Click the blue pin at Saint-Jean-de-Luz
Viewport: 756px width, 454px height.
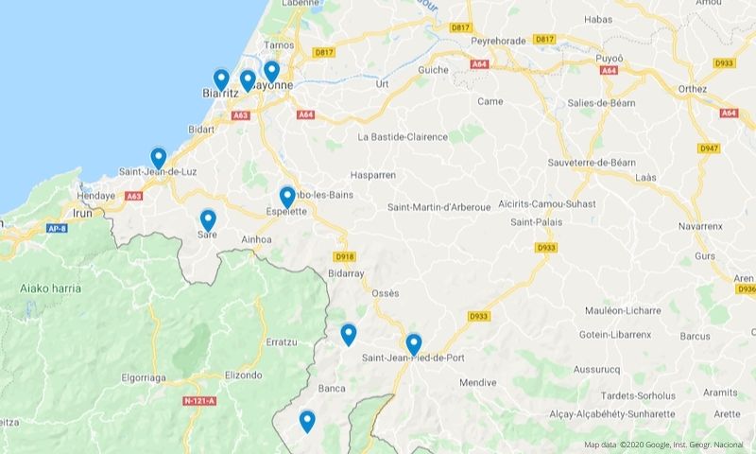coord(159,158)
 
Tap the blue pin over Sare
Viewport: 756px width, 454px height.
coord(208,220)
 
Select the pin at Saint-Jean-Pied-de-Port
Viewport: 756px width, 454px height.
coord(413,344)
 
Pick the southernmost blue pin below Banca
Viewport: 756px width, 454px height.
coord(307,421)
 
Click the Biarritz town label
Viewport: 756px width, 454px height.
coord(219,94)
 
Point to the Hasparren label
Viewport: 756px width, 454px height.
coord(372,175)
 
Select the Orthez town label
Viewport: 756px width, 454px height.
coord(693,88)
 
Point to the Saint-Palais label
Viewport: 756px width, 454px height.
coord(534,222)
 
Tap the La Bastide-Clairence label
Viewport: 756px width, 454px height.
coord(403,136)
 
